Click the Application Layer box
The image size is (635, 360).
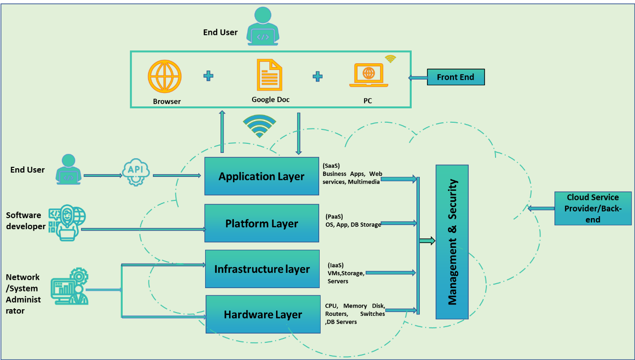[262, 176]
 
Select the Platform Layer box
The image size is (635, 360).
[262, 223]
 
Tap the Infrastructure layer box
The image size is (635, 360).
[262, 269]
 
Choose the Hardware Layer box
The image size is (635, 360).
[263, 314]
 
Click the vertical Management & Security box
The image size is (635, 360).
[452, 242]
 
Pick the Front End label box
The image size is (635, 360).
[456, 77]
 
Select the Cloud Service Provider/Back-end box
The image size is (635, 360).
[593, 209]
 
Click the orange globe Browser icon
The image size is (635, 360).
[165, 76]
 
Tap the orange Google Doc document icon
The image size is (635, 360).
[270, 75]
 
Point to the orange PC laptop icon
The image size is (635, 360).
[368, 75]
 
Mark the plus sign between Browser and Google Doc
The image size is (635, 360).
[208, 76]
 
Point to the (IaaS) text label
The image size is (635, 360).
[335, 265]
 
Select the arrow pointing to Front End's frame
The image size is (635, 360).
[417, 77]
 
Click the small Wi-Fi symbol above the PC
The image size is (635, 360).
[391, 59]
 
